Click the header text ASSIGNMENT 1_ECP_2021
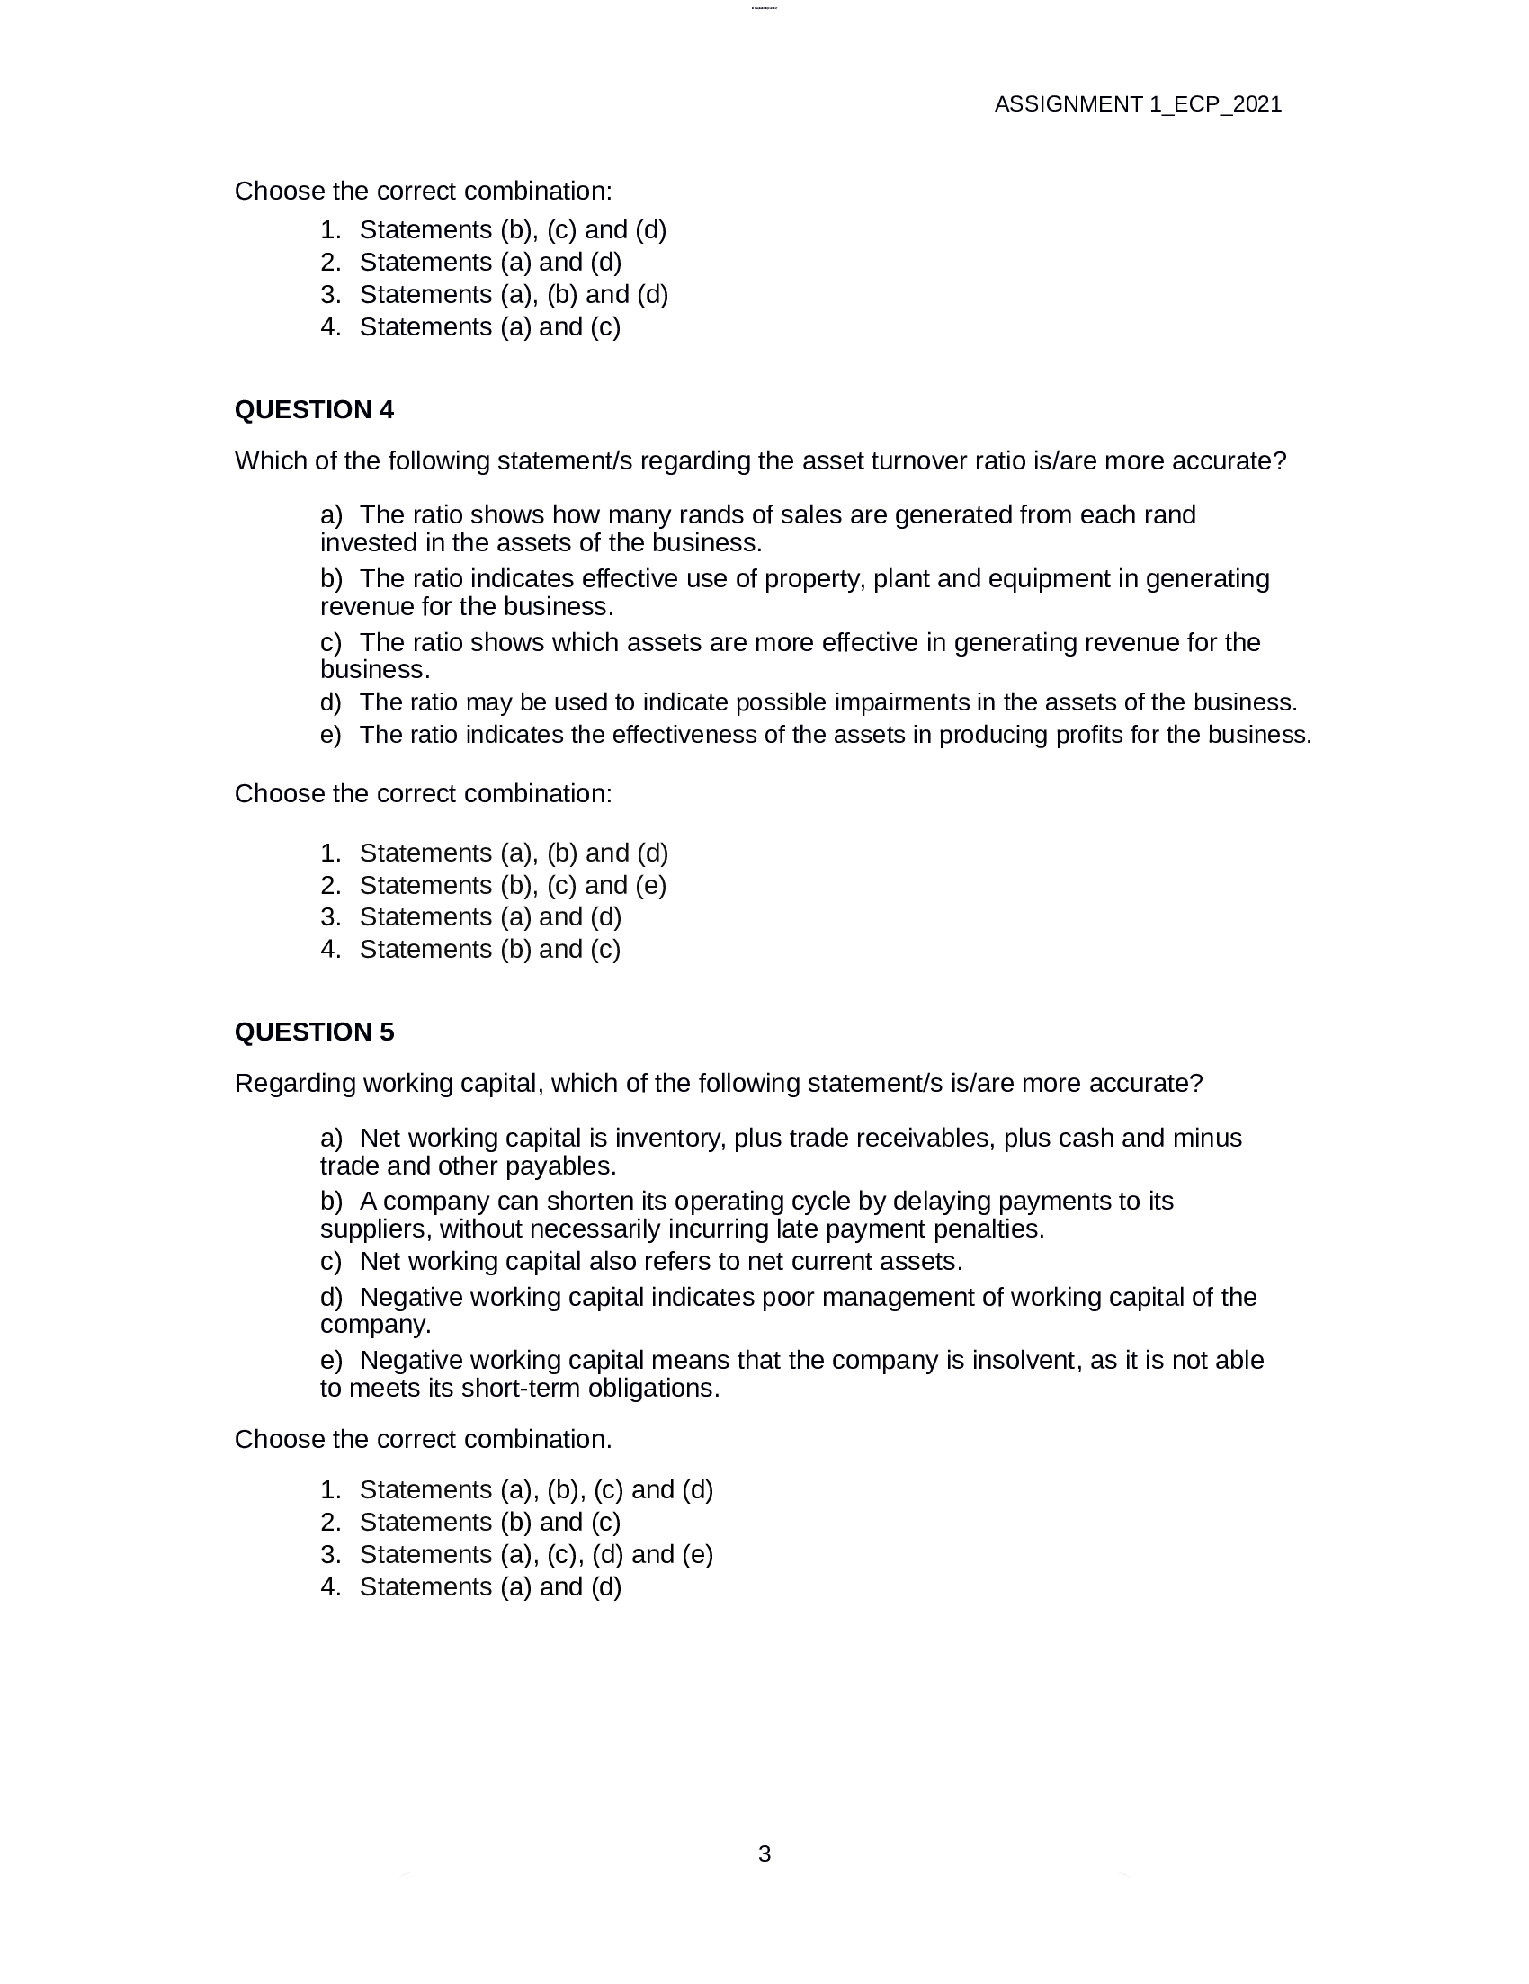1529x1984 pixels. coord(1138,104)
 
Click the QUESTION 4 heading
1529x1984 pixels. coord(313,410)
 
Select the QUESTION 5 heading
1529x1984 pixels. coord(313,1032)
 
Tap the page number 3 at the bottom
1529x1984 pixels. coord(764,1854)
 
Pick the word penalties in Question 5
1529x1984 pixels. coord(994,1229)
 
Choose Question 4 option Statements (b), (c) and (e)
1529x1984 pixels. coord(513,885)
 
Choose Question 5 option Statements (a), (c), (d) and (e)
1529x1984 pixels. coord(536,1554)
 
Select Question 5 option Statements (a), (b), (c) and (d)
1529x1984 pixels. coord(536,1490)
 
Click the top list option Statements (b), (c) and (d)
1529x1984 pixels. coord(513,230)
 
